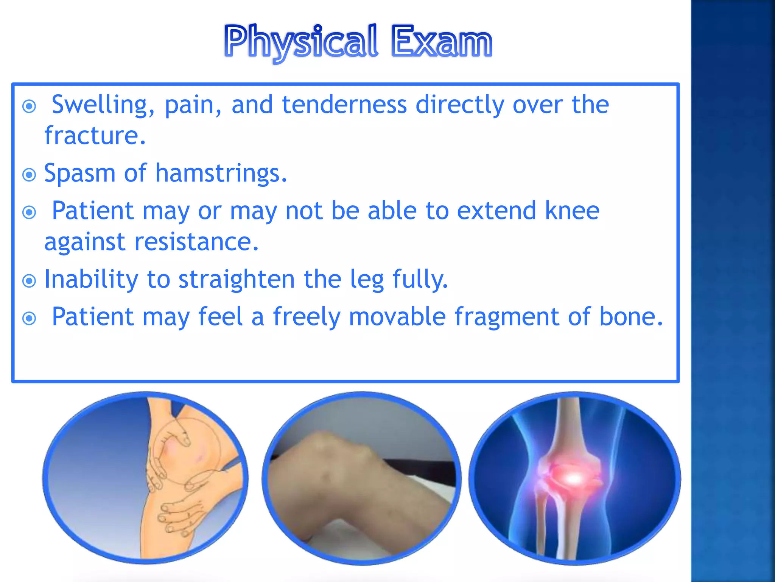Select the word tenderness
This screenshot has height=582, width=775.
pos(344,105)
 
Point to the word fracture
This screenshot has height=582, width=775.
pos(95,136)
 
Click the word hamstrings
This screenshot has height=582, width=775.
pos(221,174)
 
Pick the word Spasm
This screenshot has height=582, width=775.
pos(79,174)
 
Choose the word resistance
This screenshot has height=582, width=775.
pos(196,242)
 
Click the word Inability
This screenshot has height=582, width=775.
pos(91,279)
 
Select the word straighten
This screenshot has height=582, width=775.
pos(236,279)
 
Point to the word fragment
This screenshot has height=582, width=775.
pos(506,317)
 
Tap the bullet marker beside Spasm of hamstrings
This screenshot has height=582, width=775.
pos(29,175)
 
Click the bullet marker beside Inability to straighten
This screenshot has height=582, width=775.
pos(29,281)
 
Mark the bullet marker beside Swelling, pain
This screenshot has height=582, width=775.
pos(29,106)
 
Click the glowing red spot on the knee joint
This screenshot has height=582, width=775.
pos(573,478)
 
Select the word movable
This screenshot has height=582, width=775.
pos(397,317)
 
